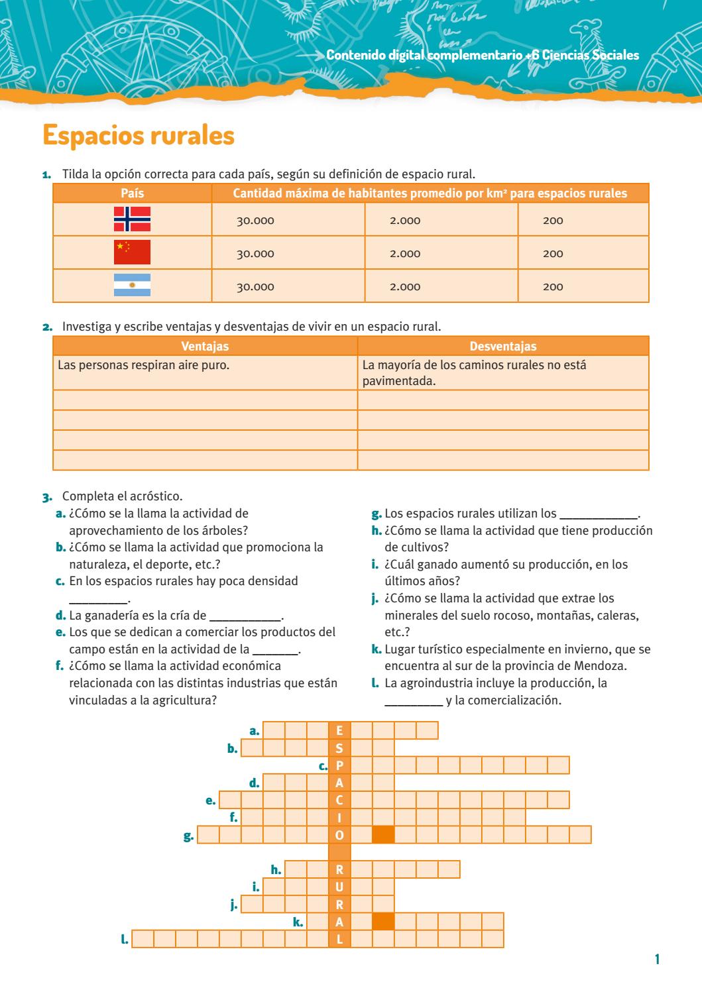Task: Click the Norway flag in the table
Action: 132,219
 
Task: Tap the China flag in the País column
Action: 132,252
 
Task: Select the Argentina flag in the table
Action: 132,285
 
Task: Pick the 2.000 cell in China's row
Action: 405,254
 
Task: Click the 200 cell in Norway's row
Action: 553,221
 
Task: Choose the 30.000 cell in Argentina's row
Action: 255,287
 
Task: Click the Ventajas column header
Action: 205,346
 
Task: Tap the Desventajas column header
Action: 503,346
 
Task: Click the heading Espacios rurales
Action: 139,135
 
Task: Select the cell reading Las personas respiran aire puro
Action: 144,364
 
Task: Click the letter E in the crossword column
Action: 339,731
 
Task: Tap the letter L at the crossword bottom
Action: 339,939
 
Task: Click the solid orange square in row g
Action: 383,835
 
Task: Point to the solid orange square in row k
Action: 383,922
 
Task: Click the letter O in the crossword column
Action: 339,835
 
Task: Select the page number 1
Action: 657,959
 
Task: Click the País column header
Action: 132,193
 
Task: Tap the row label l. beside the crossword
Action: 124,939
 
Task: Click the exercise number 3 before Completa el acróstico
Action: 46,496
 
